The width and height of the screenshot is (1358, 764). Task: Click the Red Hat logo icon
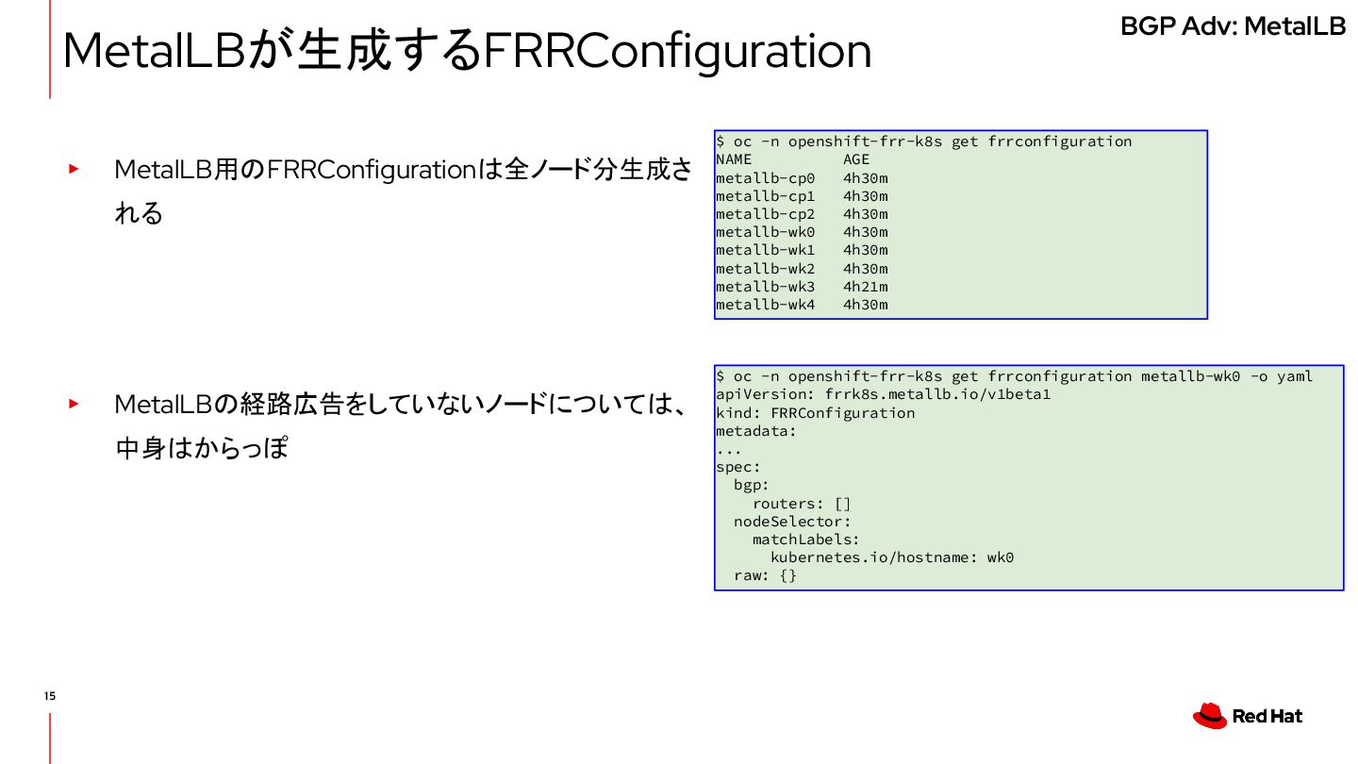tap(1209, 716)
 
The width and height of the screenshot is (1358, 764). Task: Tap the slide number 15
tap(49, 696)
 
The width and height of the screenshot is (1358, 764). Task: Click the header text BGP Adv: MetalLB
tap(1233, 26)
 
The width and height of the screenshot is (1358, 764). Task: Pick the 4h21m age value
tap(865, 287)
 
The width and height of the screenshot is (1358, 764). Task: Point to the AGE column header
tap(856, 159)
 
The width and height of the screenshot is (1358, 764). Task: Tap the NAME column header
tap(734, 159)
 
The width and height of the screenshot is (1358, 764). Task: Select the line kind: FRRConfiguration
tap(815, 413)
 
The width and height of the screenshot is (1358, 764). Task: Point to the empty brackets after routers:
tap(842, 504)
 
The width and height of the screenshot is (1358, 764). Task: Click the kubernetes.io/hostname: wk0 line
tap(891, 557)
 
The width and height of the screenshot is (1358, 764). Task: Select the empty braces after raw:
tap(787, 575)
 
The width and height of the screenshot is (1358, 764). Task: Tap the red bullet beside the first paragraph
tap(73, 170)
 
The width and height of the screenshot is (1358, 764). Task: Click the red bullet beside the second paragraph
tap(73, 404)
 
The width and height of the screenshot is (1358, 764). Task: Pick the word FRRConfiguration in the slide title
tap(676, 52)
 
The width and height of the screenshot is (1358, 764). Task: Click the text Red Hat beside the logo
tap(1267, 717)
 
